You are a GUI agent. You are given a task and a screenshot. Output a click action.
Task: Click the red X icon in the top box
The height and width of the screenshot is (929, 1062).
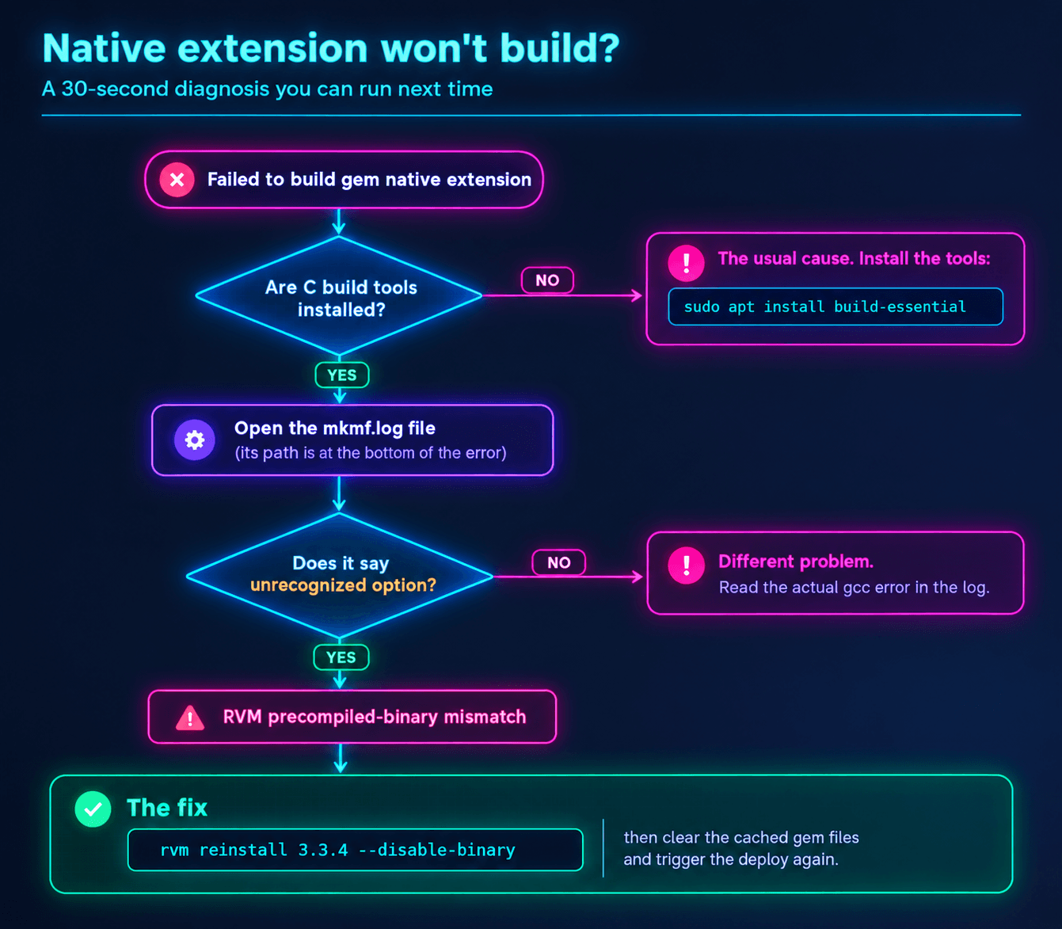(177, 180)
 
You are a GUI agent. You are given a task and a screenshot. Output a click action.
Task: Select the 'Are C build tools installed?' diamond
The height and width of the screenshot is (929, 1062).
(339, 296)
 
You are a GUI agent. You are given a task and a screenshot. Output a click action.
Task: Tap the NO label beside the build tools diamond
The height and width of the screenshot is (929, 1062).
(547, 280)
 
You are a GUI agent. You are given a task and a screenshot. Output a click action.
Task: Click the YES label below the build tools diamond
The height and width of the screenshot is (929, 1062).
(341, 375)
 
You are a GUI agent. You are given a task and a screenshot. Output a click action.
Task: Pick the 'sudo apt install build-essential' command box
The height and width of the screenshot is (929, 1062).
(836, 306)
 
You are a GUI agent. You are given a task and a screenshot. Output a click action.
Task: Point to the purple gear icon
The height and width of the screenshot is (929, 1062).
(195, 440)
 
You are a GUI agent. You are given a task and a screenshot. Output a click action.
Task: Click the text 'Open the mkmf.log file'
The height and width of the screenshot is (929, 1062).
(335, 428)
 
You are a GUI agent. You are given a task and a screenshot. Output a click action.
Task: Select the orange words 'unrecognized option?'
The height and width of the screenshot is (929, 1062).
(343, 585)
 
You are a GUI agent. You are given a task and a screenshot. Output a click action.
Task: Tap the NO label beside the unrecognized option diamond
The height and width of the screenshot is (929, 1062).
(559, 562)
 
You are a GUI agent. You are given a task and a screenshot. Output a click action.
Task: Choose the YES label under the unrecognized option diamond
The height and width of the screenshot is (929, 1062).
(341, 657)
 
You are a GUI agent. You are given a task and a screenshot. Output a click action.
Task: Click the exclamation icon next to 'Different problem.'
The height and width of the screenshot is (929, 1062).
(686, 565)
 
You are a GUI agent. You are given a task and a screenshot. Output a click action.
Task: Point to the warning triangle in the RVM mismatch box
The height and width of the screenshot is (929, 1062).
(190, 718)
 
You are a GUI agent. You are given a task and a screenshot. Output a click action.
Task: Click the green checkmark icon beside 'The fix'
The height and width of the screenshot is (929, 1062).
(93, 809)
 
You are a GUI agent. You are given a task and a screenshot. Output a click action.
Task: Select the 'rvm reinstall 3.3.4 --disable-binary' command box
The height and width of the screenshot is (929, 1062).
(355, 850)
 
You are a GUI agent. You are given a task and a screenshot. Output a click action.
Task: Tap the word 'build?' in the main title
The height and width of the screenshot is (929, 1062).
(560, 48)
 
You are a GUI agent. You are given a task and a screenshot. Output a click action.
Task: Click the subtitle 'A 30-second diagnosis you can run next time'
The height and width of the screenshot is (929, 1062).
(268, 89)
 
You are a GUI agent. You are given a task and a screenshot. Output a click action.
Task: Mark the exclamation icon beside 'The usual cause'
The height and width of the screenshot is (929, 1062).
(686, 263)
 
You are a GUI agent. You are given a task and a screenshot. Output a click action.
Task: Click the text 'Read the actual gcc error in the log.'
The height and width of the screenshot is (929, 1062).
(855, 588)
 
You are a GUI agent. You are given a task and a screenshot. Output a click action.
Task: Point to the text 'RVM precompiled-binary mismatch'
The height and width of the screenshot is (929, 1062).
(375, 718)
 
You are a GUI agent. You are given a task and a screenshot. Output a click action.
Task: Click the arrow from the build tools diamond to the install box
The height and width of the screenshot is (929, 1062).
(562, 296)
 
